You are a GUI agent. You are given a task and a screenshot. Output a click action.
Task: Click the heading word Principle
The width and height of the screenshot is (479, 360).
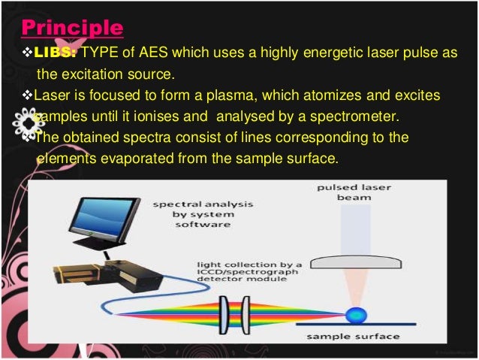71,28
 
